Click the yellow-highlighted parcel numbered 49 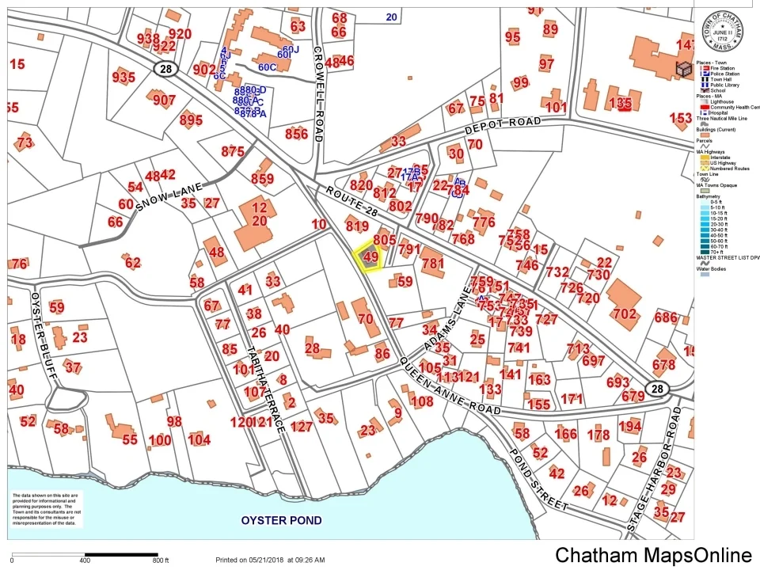coord(369,257)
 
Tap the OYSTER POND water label coord(281,520)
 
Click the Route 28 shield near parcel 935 coord(164,70)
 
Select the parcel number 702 coord(624,314)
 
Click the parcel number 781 coord(432,264)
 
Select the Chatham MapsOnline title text coord(653,555)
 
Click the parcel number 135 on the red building coord(625,104)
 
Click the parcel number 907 coord(165,100)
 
